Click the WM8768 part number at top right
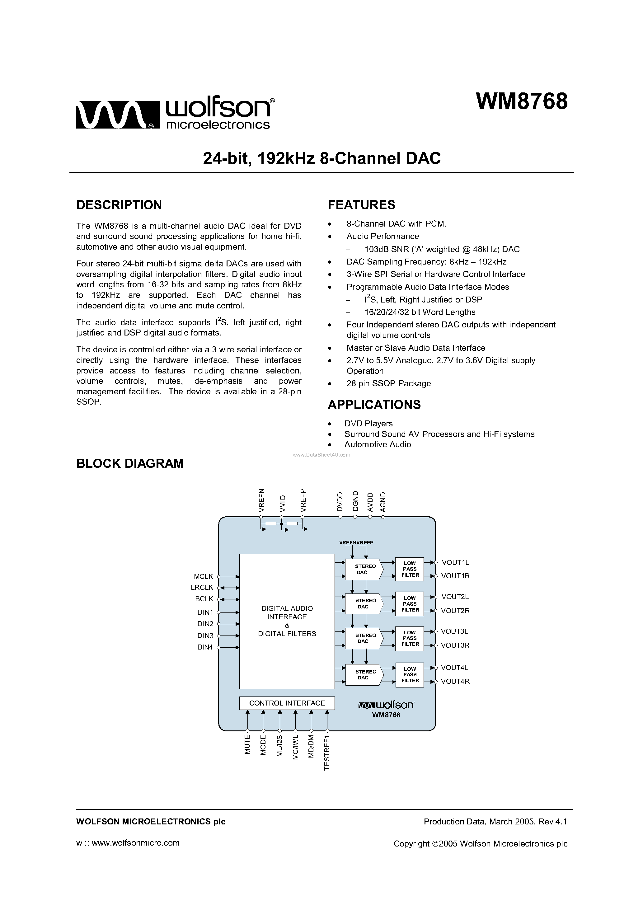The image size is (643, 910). pyautogui.click(x=522, y=102)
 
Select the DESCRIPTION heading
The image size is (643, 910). pyautogui.click(x=119, y=205)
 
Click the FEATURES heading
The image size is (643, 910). pyautogui.click(x=361, y=205)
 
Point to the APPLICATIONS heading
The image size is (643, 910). pyautogui.click(x=374, y=405)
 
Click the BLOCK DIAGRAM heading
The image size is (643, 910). pyautogui.click(x=130, y=463)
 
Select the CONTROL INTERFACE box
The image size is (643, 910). pyautogui.click(x=287, y=703)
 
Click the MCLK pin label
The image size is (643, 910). pyautogui.click(x=203, y=576)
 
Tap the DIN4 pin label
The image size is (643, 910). pyautogui.click(x=205, y=647)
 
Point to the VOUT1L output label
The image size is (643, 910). pyautogui.click(x=455, y=562)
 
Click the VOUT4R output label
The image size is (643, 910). pyautogui.click(x=455, y=681)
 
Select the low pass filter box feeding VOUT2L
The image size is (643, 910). pyautogui.click(x=410, y=604)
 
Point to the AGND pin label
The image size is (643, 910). pyautogui.click(x=383, y=502)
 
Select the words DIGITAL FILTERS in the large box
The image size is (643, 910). pyautogui.click(x=287, y=634)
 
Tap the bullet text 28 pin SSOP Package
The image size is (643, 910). pyautogui.click(x=388, y=383)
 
